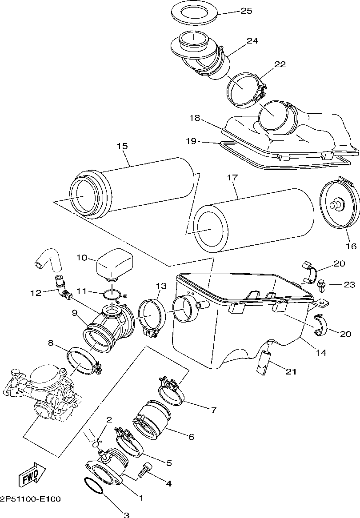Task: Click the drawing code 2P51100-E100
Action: pyautogui.click(x=30, y=499)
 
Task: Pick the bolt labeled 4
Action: pyautogui.click(x=145, y=469)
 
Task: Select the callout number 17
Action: pyautogui.click(x=232, y=178)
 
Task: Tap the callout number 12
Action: pyautogui.click(x=36, y=293)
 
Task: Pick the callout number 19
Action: pyautogui.click(x=191, y=141)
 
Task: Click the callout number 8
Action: pyautogui.click(x=50, y=343)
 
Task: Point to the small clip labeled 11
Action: pyautogui.click(x=112, y=294)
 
